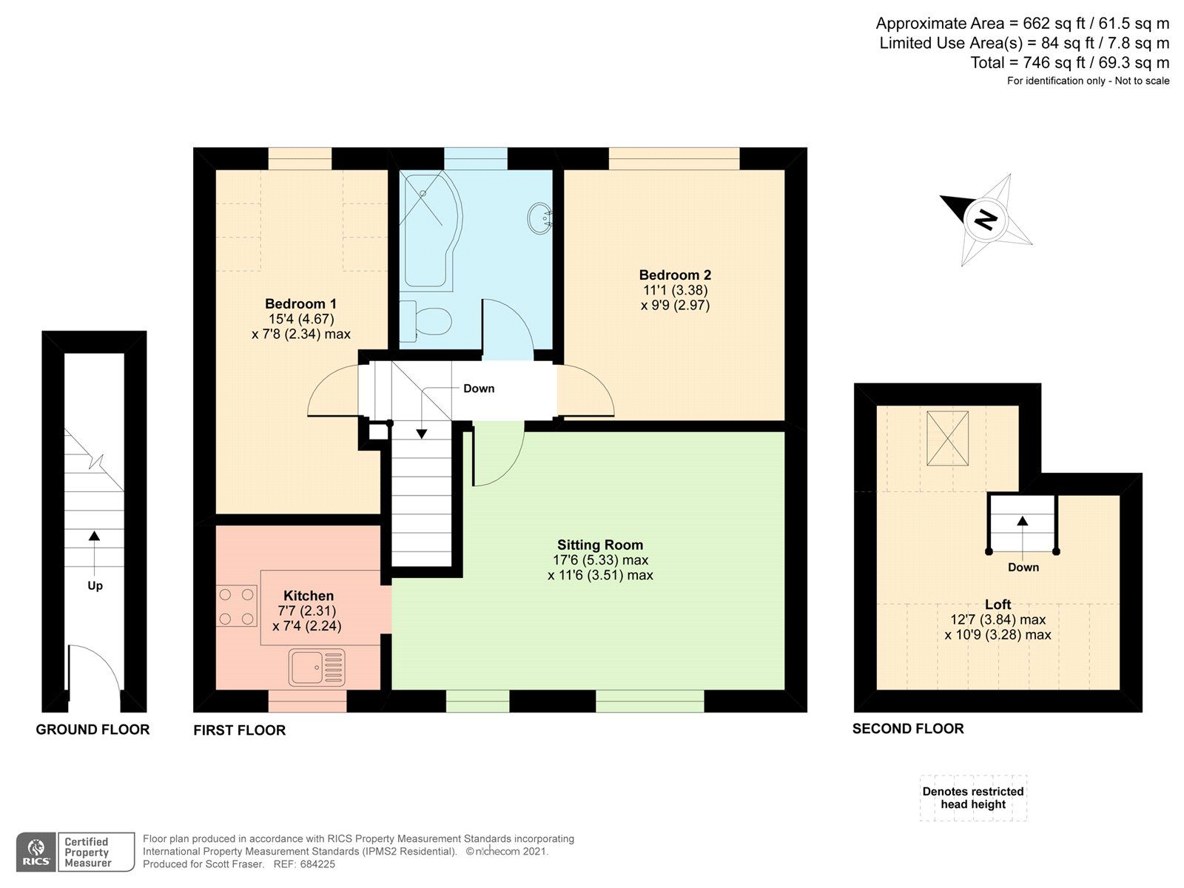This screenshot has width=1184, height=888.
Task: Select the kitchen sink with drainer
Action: (x=317, y=667)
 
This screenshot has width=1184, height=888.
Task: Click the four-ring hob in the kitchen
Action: (x=237, y=605)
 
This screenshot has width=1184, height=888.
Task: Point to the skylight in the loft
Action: (x=948, y=438)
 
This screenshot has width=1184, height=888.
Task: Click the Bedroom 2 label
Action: (x=675, y=275)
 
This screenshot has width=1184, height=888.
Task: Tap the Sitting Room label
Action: (x=600, y=545)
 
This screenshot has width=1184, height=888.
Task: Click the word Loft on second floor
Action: (x=998, y=604)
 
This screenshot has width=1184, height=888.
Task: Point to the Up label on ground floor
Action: (x=95, y=585)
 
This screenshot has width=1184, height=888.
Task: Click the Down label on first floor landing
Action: (x=479, y=388)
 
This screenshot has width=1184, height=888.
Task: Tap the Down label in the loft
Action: (x=1023, y=568)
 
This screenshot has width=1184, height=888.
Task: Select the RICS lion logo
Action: (x=36, y=852)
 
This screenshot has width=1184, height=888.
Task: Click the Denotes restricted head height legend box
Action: (x=973, y=798)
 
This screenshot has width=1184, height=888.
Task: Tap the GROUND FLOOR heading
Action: (x=92, y=730)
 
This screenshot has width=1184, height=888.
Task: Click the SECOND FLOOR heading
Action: (x=908, y=729)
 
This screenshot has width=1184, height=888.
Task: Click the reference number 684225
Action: (x=315, y=864)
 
